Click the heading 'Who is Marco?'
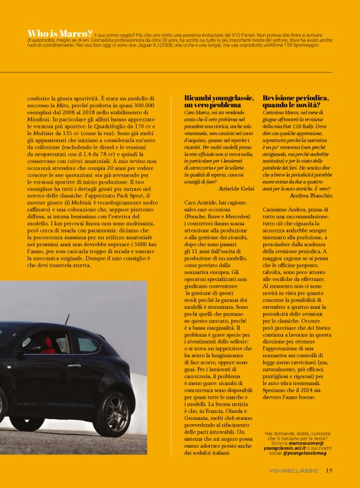click(61, 33)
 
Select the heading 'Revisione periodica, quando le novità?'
click(295, 102)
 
